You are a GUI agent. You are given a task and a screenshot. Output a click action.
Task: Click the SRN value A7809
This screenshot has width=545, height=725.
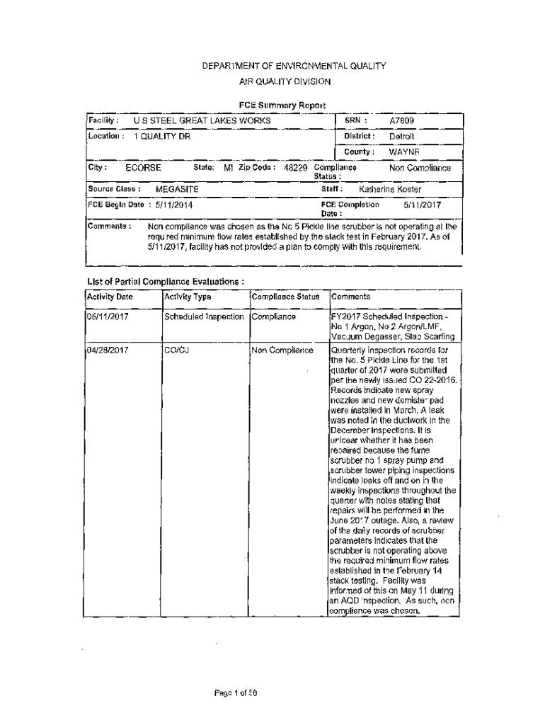(402, 121)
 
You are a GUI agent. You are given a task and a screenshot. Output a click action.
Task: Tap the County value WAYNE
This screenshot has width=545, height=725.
(404, 152)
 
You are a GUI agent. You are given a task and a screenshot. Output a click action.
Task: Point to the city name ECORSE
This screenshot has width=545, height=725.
(143, 169)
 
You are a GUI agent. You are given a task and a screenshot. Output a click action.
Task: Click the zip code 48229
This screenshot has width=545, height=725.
(295, 169)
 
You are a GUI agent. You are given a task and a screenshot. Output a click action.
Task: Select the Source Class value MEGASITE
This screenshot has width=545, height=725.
(177, 190)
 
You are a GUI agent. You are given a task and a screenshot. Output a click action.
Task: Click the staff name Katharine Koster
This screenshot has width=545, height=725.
(390, 190)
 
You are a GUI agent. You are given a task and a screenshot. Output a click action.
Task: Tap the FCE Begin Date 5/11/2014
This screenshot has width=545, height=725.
(174, 205)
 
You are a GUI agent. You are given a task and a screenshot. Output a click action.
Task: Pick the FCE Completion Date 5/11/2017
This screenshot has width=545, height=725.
(423, 205)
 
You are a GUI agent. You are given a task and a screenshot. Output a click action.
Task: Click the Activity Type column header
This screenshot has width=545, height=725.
(188, 297)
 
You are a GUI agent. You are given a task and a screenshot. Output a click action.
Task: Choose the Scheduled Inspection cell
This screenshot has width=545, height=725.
(204, 316)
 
